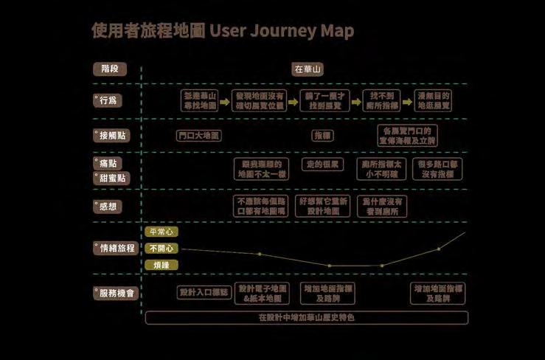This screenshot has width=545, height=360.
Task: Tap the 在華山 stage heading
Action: pos(308,69)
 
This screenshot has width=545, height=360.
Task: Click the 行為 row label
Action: pos(106,101)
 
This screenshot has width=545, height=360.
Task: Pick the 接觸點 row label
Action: pos(111,136)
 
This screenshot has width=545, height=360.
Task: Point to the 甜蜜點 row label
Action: pos(111,178)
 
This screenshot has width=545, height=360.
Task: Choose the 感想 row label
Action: pos(106,207)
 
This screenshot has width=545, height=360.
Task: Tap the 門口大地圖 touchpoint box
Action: pos(199,136)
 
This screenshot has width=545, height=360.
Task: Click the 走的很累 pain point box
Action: pos(324,164)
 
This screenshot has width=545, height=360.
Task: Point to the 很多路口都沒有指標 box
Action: pos(437,169)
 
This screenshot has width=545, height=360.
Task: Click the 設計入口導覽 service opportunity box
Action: pos(204,293)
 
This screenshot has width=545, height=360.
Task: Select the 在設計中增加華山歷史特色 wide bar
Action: pos(306,318)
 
